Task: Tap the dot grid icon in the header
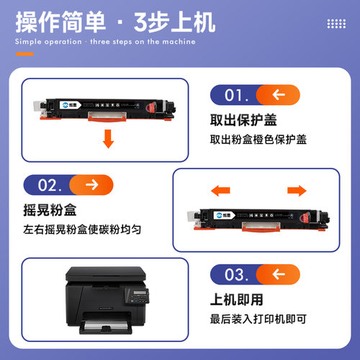pyautogui.click(x=336, y=24)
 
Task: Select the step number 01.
pyautogui.click(x=237, y=95)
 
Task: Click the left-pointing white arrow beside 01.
pyautogui.click(x=279, y=95)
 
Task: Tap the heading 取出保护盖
pyautogui.click(x=243, y=120)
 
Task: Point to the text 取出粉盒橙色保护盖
pyautogui.click(x=258, y=139)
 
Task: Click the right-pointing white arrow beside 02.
pyautogui.click(x=91, y=186)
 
